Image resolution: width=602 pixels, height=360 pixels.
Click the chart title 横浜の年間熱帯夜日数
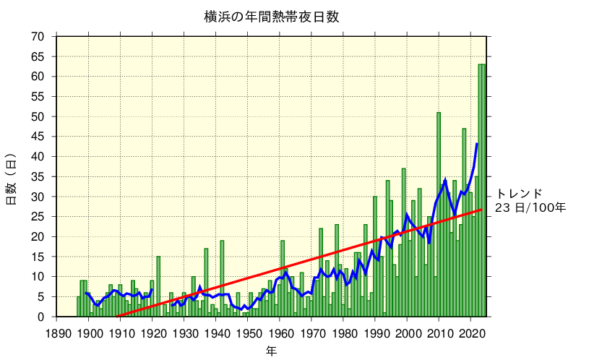271,17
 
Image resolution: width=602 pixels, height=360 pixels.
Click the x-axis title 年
271,351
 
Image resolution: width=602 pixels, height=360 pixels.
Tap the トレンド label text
519,194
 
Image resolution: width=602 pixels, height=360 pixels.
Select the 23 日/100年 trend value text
530,208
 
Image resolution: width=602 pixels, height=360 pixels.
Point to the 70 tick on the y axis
38,36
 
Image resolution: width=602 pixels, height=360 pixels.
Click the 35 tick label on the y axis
38,176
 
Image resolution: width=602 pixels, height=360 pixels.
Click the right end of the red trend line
481,210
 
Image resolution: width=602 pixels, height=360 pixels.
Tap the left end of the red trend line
118,316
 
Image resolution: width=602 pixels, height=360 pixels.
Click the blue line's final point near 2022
477,144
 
